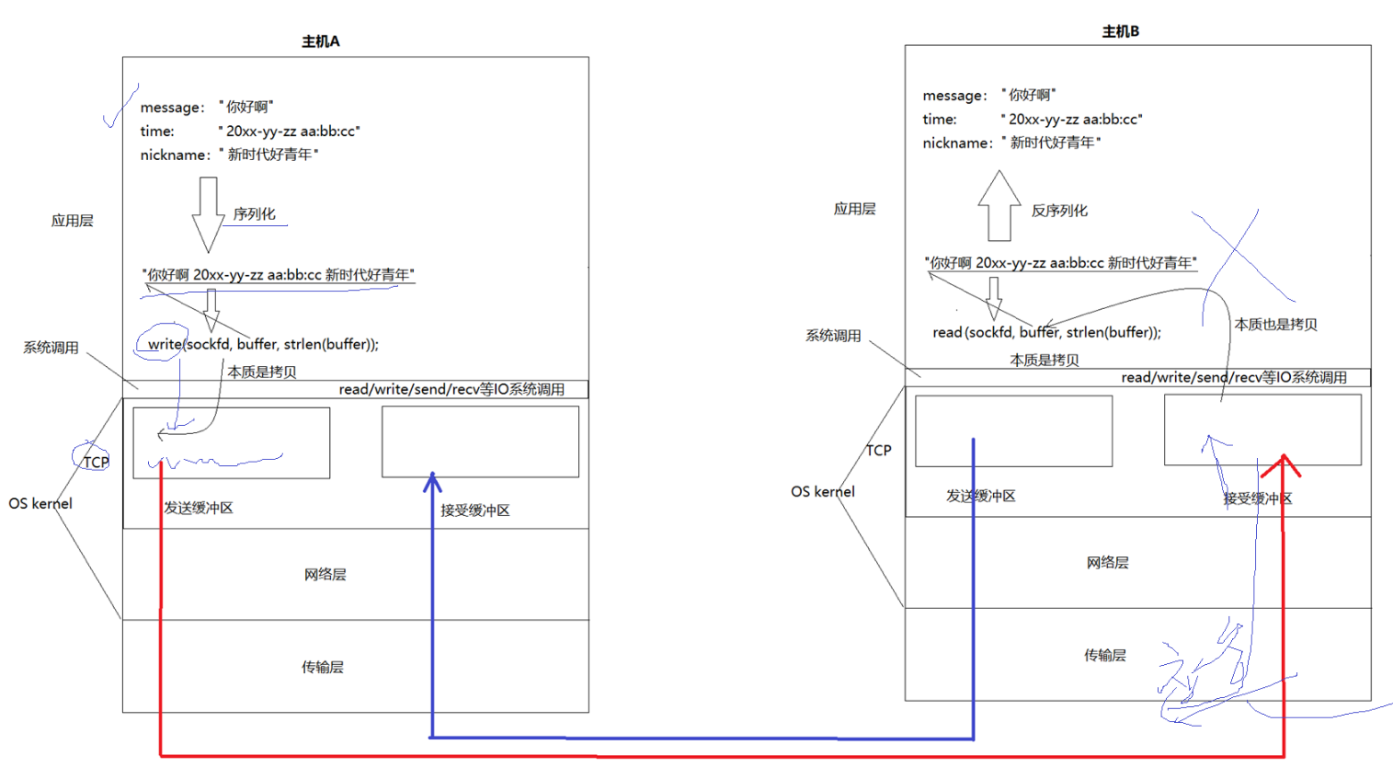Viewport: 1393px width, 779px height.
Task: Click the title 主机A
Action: pos(321,41)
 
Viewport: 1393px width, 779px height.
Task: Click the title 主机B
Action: pos(1120,31)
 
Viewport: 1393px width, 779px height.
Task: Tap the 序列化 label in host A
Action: pos(254,214)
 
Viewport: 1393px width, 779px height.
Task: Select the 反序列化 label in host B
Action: pos(1059,211)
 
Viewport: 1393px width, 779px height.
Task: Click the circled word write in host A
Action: pos(165,344)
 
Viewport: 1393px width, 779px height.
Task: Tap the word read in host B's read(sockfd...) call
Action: pos(946,332)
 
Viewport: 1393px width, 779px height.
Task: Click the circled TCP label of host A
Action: pos(96,462)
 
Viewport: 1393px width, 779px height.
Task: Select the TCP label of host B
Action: pos(878,450)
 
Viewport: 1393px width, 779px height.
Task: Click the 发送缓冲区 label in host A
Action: pos(199,508)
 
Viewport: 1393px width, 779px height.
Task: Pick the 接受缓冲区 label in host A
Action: pos(474,510)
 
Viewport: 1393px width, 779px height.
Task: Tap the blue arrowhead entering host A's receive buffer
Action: pos(432,482)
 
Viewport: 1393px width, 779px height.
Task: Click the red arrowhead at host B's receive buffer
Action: pos(1282,464)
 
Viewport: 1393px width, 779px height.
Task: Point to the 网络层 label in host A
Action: pos(325,575)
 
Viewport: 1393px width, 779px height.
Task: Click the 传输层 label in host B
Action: pos(1104,655)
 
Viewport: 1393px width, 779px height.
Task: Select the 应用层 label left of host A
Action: pos(73,221)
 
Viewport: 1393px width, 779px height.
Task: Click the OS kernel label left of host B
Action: pos(822,492)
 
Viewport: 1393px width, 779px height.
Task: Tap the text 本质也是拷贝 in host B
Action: pos(1275,325)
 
